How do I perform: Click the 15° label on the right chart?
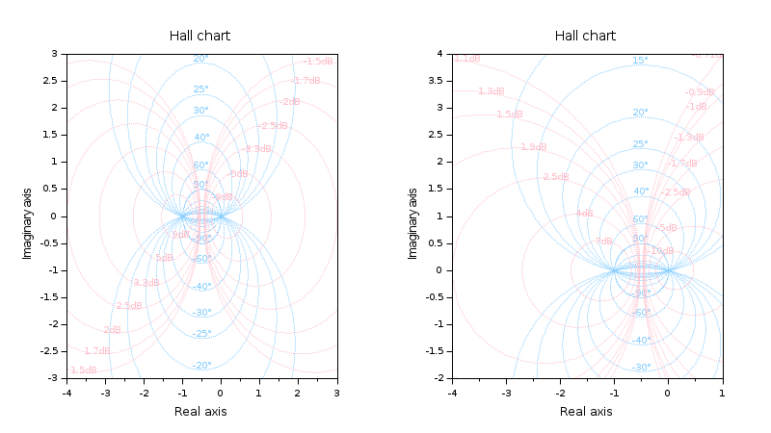coord(640,61)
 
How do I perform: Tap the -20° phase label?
coord(201,366)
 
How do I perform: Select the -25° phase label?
coord(201,334)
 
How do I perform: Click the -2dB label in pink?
coord(289,102)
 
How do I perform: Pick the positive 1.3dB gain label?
coord(490,91)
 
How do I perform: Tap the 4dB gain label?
coord(584,214)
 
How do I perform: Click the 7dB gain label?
coord(603,242)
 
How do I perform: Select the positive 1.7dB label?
coord(95,351)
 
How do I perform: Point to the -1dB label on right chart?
coord(696,107)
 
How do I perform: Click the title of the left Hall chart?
coord(199,36)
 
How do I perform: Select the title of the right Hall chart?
coord(585,36)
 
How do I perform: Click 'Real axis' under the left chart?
coord(200,411)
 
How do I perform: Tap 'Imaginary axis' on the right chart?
coord(412,216)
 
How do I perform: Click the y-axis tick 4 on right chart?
coord(439,54)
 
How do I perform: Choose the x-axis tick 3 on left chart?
coord(336,391)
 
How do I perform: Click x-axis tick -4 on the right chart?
coord(451,391)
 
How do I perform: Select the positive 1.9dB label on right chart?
coord(533,147)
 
